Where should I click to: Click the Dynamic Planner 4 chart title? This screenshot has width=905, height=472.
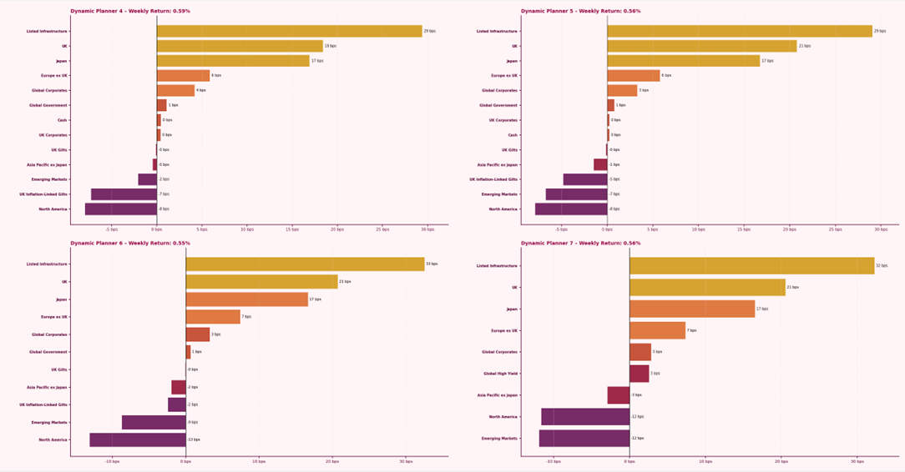click(130, 12)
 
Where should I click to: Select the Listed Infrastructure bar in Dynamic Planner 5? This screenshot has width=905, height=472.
click(739, 31)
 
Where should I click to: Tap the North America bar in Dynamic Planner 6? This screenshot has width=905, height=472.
click(138, 439)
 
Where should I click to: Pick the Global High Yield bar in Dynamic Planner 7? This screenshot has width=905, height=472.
click(639, 374)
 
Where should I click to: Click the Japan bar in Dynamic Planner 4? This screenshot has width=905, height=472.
click(233, 61)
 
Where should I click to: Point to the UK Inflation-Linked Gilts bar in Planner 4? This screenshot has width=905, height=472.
click(124, 194)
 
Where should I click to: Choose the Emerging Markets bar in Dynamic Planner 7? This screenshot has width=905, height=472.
click(584, 438)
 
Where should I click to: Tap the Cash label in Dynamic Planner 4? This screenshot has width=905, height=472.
click(63, 120)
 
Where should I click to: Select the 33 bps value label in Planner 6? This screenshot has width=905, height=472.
click(432, 264)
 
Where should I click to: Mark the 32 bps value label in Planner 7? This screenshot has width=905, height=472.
click(882, 266)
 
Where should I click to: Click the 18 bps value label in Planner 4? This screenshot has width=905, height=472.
click(330, 46)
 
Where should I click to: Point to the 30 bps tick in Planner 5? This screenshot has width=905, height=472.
click(878, 228)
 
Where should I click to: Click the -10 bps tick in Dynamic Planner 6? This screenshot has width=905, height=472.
click(113, 460)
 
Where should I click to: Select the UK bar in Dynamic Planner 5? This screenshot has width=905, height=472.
click(701, 46)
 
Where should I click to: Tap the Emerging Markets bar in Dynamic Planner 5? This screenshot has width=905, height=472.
click(576, 194)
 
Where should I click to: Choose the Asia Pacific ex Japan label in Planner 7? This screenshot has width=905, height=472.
click(498, 395)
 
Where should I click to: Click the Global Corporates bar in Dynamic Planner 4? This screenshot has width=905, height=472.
click(175, 90)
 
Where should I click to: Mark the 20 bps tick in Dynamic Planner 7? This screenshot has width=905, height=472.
click(781, 460)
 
